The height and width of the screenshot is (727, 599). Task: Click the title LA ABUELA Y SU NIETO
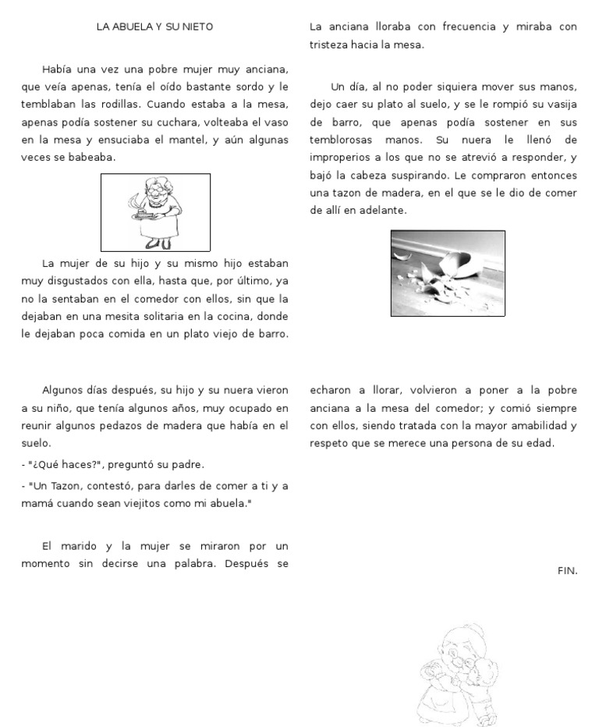click(x=154, y=27)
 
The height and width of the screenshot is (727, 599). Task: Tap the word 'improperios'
click(x=340, y=158)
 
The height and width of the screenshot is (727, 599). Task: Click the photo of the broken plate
click(x=448, y=273)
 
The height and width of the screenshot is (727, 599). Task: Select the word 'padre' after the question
click(x=187, y=465)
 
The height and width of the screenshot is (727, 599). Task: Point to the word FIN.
click(x=567, y=571)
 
